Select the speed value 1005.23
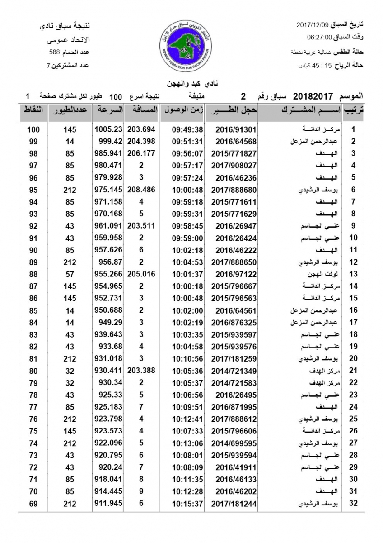pyautogui.click(x=108, y=129)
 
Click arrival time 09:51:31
pyautogui.click(x=187, y=141)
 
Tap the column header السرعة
pyautogui.click(x=108, y=110)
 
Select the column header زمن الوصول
pyautogui.click(x=182, y=110)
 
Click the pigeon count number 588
pyautogui.click(x=55, y=52)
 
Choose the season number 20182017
pyautogui.click(x=313, y=96)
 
